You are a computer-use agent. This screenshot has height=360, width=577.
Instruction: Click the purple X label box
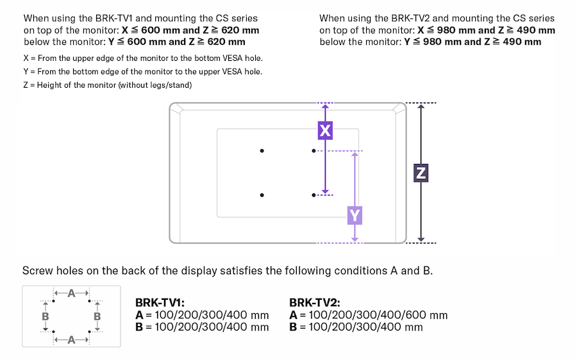pyautogui.click(x=326, y=131)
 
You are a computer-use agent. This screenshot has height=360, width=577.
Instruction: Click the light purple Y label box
pyautogui.click(x=355, y=215)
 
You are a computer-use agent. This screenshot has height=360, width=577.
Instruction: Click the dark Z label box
pyautogui.click(x=421, y=173)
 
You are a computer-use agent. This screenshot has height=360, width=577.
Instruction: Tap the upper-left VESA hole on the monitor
pyautogui.click(x=262, y=151)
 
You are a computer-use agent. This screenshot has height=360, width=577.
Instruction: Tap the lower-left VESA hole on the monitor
pyautogui.click(x=262, y=195)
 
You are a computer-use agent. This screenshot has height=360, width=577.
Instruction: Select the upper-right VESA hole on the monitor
pyautogui.click(x=313, y=151)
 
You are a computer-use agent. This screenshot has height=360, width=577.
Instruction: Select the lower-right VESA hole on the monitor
pyautogui.click(x=313, y=195)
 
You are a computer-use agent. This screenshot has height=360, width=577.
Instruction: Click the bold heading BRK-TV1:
pyautogui.click(x=160, y=302)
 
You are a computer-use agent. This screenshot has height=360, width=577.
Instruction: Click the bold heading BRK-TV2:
pyautogui.click(x=315, y=302)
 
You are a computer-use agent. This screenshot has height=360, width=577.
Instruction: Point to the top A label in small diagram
pyautogui.click(x=71, y=293)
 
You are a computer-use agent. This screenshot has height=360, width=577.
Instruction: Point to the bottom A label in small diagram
pyautogui.click(x=71, y=340)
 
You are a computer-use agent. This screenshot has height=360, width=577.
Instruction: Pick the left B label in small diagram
pyautogui.click(x=46, y=316)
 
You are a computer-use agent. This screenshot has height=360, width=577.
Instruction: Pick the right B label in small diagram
pyautogui.click(x=97, y=316)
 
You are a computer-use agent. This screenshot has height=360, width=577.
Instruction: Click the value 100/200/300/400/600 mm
pyautogui.click(x=378, y=315)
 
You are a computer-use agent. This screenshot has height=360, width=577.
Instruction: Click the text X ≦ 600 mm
pyautogui.click(x=151, y=30)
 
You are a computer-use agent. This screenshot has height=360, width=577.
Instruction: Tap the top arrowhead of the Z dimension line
pyautogui.click(x=421, y=107)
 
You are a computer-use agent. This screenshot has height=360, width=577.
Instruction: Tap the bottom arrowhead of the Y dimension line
pyautogui.click(x=355, y=238)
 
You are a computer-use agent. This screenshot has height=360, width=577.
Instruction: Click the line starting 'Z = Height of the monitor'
pyautogui.click(x=107, y=85)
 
